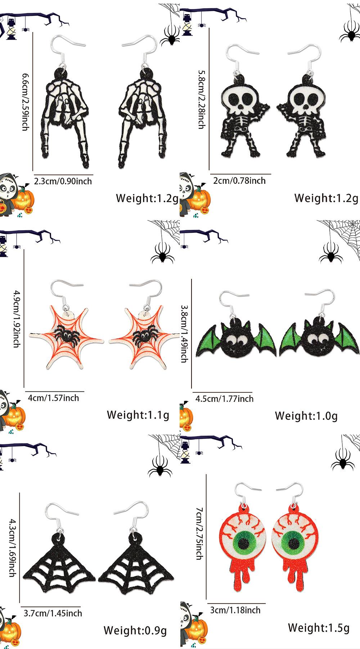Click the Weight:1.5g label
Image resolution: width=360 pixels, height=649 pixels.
(x=319, y=628)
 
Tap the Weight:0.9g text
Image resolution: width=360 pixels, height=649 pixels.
(x=135, y=630)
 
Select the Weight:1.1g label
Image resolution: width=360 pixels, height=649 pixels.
(x=138, y=415)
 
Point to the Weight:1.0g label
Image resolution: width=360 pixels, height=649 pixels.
(x=306, y=416)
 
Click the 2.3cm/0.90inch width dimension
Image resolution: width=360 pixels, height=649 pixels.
(x=63, y=181)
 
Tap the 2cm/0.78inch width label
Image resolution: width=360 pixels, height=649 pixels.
(x=239, y=181)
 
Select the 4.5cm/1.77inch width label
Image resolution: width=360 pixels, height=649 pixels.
(x=224, y=399)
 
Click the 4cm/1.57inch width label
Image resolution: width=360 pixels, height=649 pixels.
(x=53, y=398)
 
